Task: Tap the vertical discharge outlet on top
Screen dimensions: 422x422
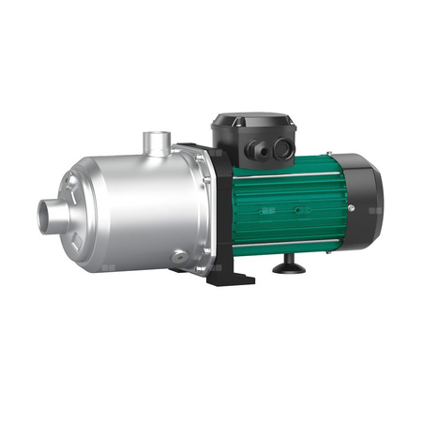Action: click(x=156, y=143)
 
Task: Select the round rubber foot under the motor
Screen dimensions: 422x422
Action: click(x=285, y=269)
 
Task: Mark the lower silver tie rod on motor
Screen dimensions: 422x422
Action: click(x=291, y=244)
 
